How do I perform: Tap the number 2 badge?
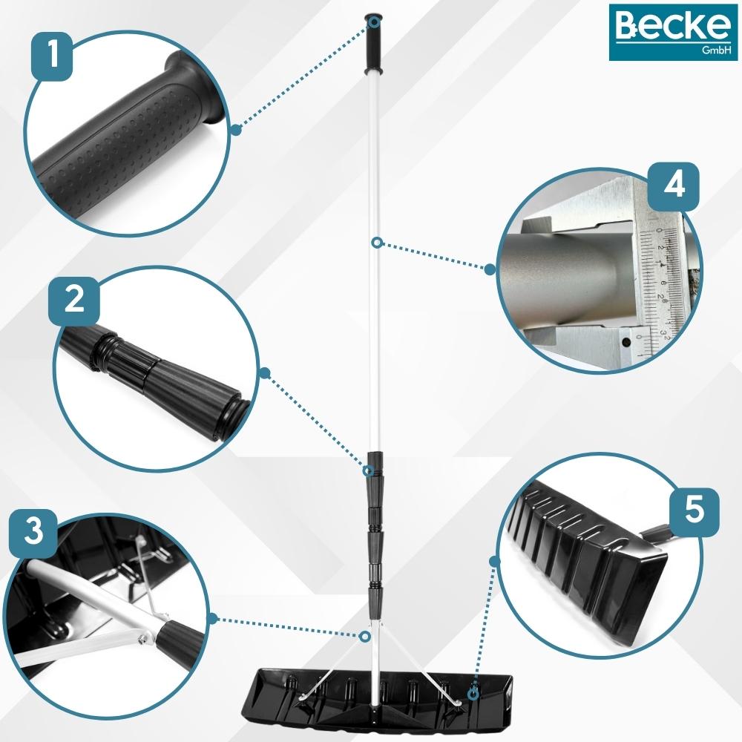(74, 301)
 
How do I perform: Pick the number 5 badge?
(694, 511)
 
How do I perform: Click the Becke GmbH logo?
(673, 32)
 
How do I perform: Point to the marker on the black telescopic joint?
(368, 471)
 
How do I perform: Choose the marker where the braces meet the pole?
(364, 636)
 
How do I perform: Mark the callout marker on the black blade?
(472, 695)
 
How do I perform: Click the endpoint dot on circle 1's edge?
(236, 129)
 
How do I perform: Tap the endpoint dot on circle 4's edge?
(490, 270)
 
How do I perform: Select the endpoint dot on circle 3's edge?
(212, 619)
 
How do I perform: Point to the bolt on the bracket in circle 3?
(142, 641)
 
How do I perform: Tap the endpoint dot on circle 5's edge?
(495, 562)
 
